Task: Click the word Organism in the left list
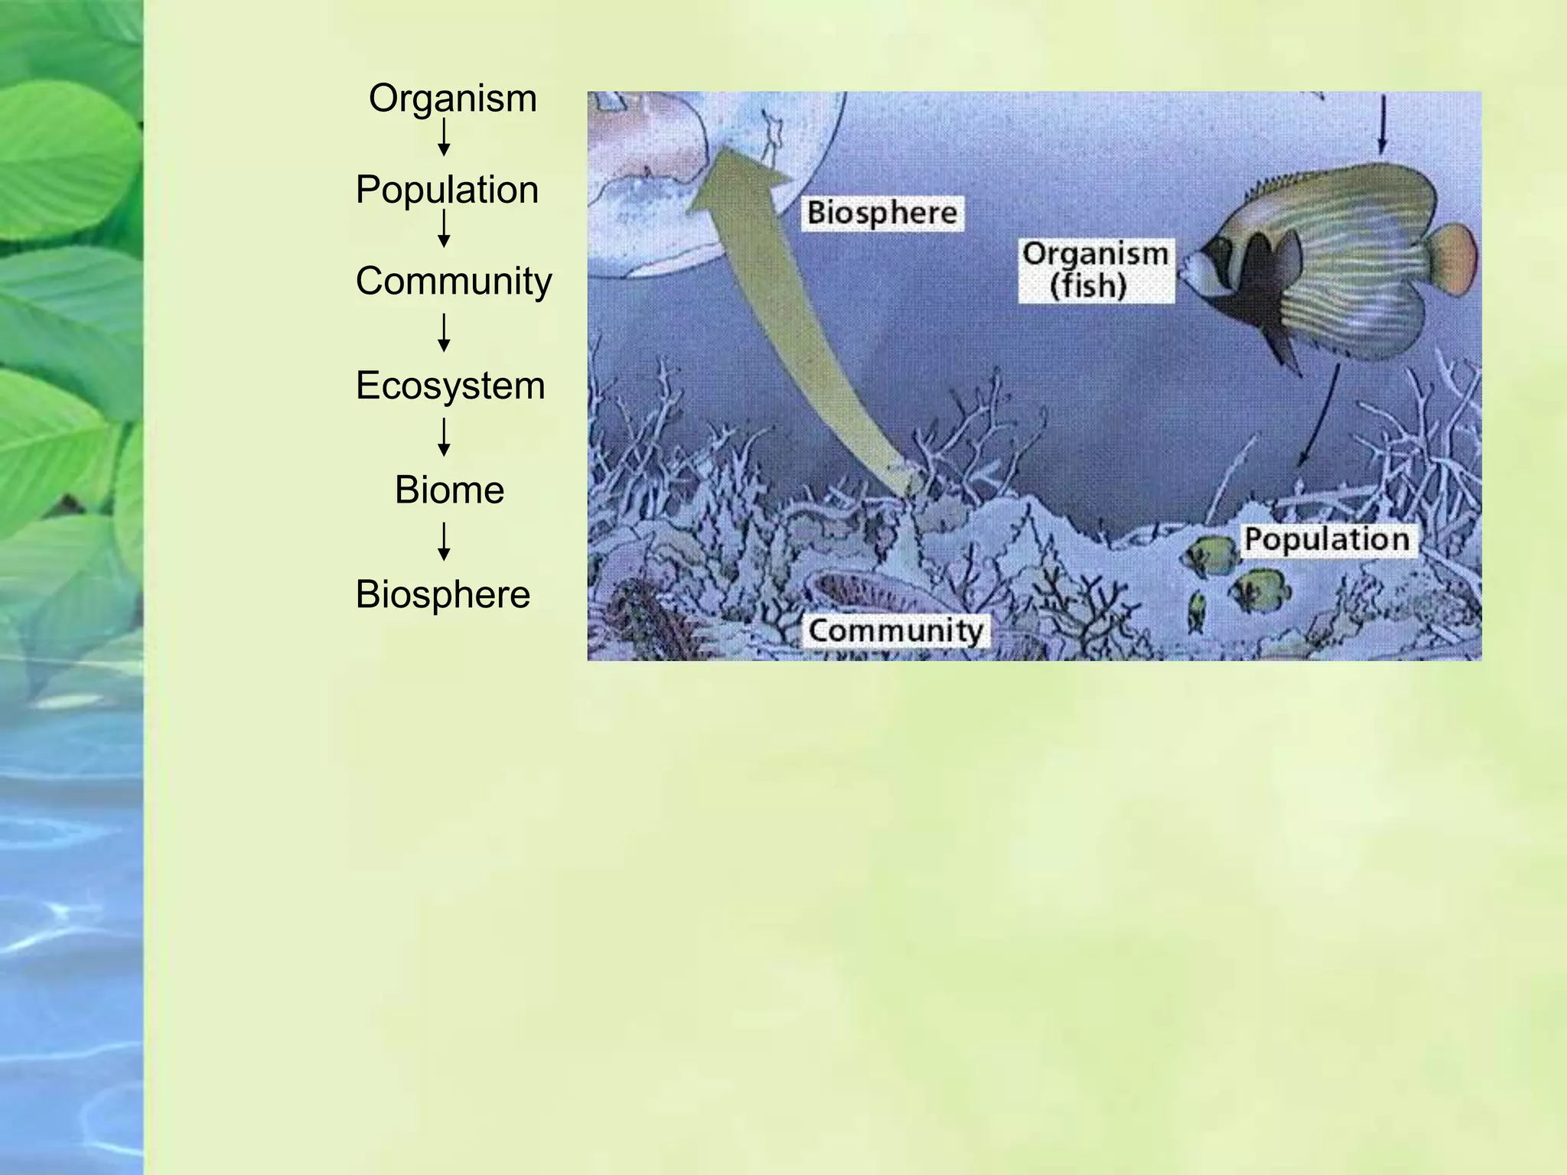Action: [x=452, y=99]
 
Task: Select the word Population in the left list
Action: [x=447, y=190]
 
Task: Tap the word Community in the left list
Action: [x=453, y=281]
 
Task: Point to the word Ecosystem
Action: [x=450, y=386]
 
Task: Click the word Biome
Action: [x=449, y=490]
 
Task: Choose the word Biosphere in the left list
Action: [x=442, y=594]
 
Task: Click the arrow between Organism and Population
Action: [x=444, y=138]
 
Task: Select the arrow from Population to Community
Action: [x=444, y=229]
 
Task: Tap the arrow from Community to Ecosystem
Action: [x=444, y=333]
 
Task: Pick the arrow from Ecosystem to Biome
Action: [x=444, y=438]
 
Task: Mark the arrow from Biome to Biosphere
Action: [x=444, y=542]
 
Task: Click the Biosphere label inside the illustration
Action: [x=882, y=213]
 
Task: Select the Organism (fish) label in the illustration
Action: [x=1095, y=270]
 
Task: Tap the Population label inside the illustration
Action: [x=1327, y=539]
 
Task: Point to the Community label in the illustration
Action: [x=895, y=631]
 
